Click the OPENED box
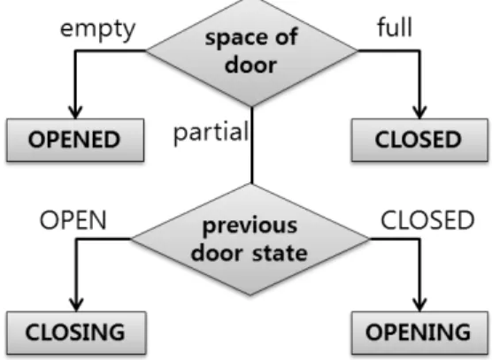pos(75,140)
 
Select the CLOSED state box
pos(419,140)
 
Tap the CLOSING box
pos(76,333)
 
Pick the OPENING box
pos(419,333)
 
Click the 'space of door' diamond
pos(251,51)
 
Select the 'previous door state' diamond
pos(250,240)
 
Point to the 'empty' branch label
pos(97,29)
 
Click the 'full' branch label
pos(395,27)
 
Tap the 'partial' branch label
pos(211,133)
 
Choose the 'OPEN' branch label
pos(73,220)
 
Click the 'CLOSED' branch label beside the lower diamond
pos(427,220)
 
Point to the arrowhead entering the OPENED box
pos(75,113)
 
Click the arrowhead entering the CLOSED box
pos(419,113)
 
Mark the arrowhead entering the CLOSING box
pos(76,305)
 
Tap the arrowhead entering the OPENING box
pos(419,305)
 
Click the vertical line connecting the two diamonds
pos(252,145)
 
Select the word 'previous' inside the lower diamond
pos(250,226)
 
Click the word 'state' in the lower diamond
pos(280,253)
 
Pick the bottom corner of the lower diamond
pos(250,295)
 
